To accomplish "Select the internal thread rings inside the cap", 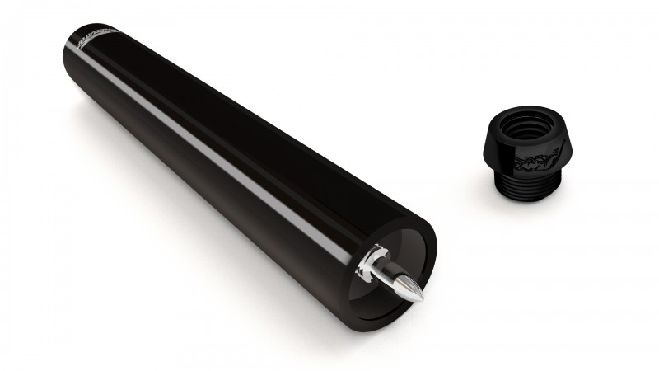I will (527, 132).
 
